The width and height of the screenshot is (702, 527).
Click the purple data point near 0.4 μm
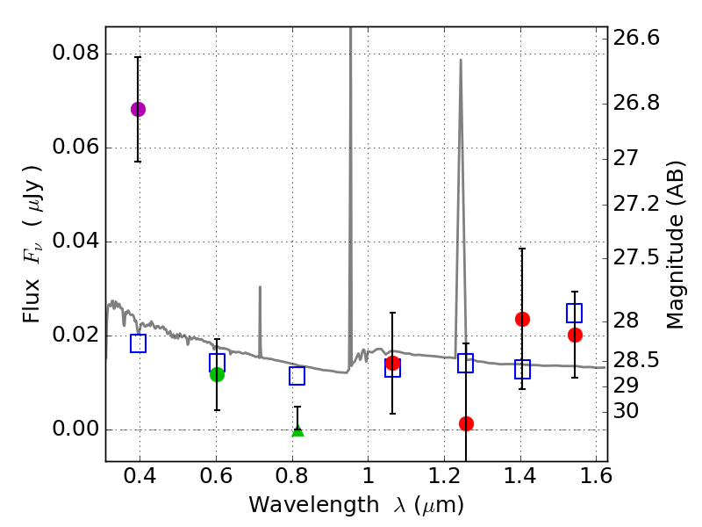coord(138,109)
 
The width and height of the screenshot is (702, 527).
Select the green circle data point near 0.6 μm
coord(217,374)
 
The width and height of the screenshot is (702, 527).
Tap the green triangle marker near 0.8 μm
coord(297,430)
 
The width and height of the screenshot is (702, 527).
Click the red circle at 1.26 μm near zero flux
coord(466,423)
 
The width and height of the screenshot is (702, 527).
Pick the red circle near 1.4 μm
coord(522,319)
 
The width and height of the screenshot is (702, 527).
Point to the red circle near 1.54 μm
coord(575,335)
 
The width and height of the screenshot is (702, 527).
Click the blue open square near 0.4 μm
coord(138,343)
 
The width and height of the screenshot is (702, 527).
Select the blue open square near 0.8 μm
coord(297,376)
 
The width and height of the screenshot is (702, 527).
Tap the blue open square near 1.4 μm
coord(522,369)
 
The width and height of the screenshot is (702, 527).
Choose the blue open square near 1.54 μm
coord(575,313)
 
